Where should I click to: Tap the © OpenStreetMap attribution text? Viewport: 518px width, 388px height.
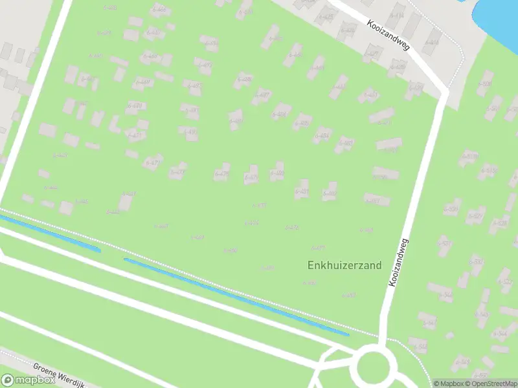[x=490, y=383]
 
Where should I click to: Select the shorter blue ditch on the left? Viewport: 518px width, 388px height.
[x=49, y=233]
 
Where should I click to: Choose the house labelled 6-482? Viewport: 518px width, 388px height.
[x=329, y=191]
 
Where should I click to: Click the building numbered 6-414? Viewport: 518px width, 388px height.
[x=396, y=16]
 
